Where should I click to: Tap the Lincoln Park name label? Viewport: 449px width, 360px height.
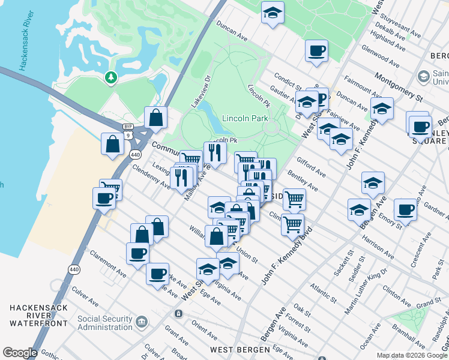point(245,118)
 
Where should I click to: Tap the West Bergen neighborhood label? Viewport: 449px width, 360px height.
point(237,349)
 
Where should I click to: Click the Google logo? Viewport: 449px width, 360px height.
point(20,353)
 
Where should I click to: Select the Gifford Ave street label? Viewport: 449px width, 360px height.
point(311,167)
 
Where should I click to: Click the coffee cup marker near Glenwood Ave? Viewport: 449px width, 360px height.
point(316,50)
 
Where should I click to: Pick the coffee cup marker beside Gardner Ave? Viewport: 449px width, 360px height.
point(406,210)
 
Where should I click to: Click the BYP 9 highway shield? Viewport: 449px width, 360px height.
point(128,131)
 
